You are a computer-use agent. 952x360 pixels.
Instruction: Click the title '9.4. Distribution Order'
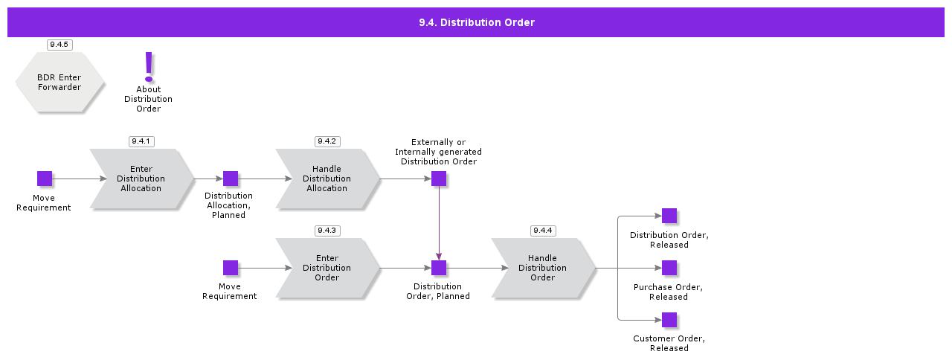476,22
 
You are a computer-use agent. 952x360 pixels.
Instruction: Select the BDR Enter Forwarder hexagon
59,83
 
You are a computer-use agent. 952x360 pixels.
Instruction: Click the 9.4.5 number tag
59,45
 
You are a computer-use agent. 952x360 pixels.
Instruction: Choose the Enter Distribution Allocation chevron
141,179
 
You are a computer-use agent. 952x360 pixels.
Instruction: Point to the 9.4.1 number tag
141,141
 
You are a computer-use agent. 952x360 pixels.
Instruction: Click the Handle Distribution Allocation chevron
327,179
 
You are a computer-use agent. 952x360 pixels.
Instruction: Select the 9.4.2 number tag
327,141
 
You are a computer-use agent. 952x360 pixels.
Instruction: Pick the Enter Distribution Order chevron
327,269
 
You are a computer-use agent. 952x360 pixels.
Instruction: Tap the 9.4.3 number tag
327,231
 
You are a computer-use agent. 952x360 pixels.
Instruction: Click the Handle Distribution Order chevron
542,269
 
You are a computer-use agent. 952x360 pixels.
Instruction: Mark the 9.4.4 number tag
543,231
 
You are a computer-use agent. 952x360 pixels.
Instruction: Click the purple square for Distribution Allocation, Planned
231,179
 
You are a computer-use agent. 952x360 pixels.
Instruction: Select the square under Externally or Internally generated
439,179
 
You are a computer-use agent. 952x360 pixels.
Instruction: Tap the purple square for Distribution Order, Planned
439,268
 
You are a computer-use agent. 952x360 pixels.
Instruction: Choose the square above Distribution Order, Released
669,216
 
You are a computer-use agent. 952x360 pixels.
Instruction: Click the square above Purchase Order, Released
669,268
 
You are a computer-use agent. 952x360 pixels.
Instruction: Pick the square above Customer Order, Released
669,320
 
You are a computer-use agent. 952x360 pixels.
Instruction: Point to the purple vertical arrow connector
439,223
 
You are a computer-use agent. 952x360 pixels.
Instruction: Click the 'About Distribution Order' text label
149,99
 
